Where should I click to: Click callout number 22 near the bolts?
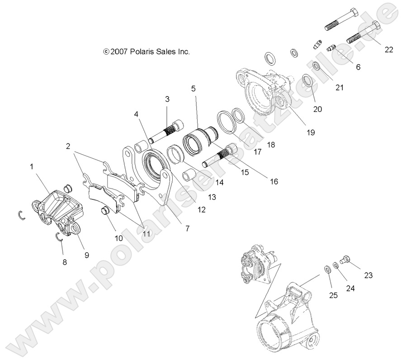[389, 49]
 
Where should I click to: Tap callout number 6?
[358, 67]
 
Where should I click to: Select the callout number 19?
[311, 133]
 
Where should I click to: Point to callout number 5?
[194, 89]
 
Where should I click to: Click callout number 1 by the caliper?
[32, 166]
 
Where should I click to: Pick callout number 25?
[333, 295]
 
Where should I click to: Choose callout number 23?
[368, 275]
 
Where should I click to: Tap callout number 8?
[65, 262]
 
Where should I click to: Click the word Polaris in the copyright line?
[142, 52]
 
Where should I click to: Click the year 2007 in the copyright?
[119, 52]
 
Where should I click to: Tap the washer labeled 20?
[307, 81]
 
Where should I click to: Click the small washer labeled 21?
[316, 66]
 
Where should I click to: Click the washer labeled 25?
[328, 270]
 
